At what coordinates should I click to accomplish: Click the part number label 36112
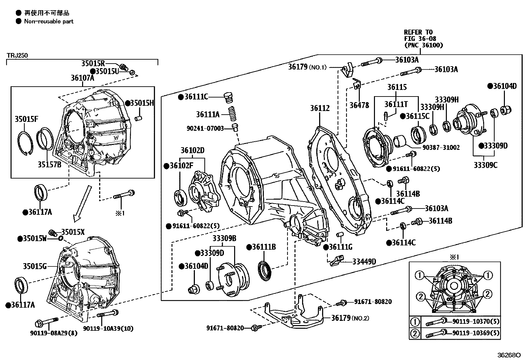[x=320, y=108]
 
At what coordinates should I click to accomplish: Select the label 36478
[x=359, y=105]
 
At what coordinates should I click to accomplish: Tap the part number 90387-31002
[x=441, y=148]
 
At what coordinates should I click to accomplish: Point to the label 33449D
[x=364, y=262]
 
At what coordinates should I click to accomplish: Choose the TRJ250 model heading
[x=17, y=55]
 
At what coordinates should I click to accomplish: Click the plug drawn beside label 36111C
[x=228, y=98]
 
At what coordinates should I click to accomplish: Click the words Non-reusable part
[x=49, y=21]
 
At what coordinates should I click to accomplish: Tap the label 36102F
[x=181, y=165]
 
